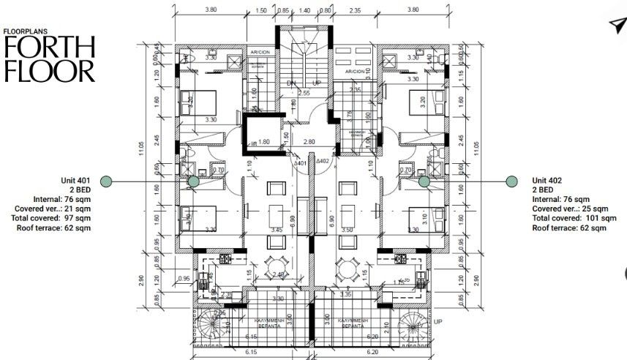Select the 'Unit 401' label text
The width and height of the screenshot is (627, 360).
tap(75, 180)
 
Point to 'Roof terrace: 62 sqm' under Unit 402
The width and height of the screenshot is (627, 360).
tap(569, 228)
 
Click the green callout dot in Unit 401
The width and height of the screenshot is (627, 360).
tap(194, 181)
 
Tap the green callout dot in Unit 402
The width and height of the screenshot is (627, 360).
tap(424, 181)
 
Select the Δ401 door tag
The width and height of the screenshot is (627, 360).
tap(300, 163)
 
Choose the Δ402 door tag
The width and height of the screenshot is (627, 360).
tap(323, 160)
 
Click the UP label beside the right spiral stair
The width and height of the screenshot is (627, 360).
tap(438, 321)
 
